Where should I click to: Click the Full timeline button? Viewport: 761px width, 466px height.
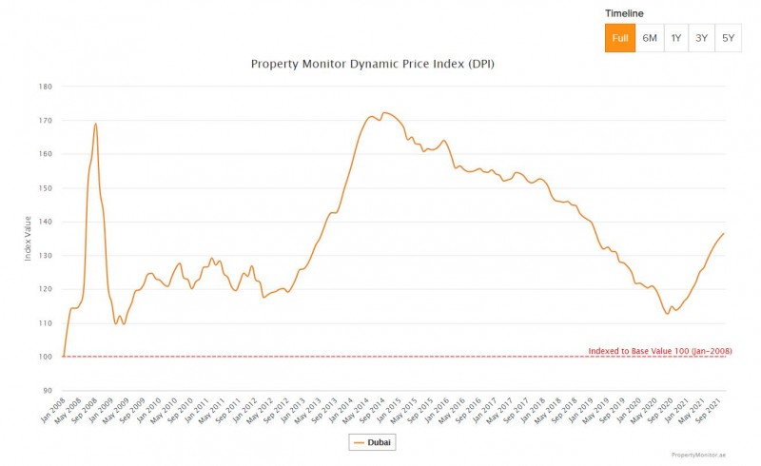tap(619, 38)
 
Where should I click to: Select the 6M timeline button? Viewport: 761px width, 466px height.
tap(649, 38)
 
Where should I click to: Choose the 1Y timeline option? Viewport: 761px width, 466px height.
tap(675, 38)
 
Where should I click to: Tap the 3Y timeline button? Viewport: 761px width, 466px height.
tap(702, 38)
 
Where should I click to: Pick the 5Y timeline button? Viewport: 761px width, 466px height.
tap(728, 38)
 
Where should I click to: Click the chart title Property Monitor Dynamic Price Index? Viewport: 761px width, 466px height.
tap(372, 65)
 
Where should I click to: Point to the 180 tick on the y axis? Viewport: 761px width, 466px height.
tap(45, 87)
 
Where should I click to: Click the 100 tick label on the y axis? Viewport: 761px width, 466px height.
tap(45, 357)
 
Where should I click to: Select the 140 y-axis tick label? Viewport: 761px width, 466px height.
tap(45, 222)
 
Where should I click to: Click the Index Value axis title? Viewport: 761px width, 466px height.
tap(29, 238)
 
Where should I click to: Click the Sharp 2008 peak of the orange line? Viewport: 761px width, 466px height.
tap(96, 124)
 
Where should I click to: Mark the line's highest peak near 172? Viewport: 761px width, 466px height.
tap(383, 112)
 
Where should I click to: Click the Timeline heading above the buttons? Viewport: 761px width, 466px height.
tap(625, 13)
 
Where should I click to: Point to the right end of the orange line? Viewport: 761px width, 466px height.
tap(724, 234)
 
